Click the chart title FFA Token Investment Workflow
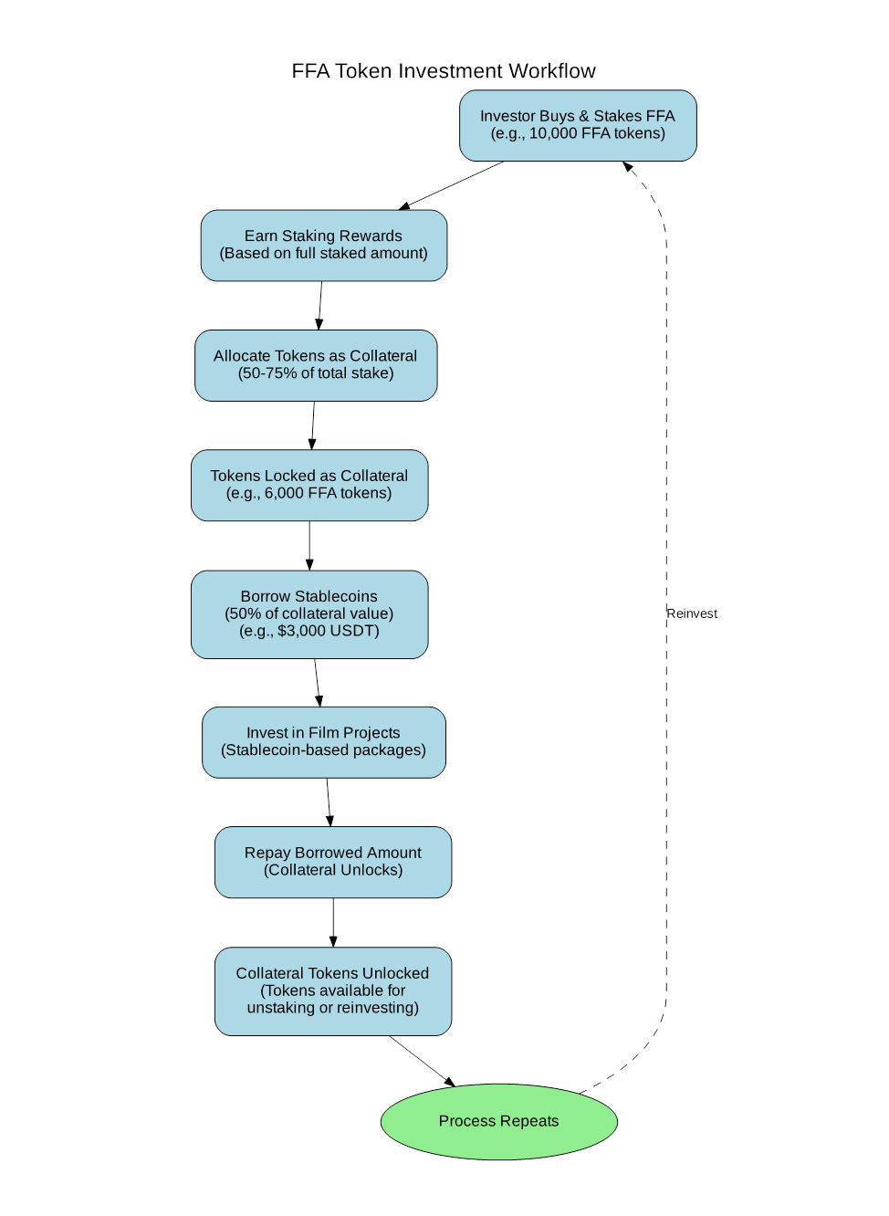click(x=443, y=71)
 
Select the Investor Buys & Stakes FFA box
click(x=578, y=125)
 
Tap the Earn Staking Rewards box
click(x=323, y=246)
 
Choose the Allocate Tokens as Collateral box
click(x=315, y=365)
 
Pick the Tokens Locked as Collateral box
click(x=309, y=486)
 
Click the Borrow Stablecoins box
click(x=309, y=614)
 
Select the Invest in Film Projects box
click(x=323, y=742)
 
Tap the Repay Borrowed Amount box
click(x=333, y=862)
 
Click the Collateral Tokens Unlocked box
click(x=333, y=991)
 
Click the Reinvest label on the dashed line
click(x=692, y=613)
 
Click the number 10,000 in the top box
click(x=552, y=133)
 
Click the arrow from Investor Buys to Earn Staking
click(x=451, y=185)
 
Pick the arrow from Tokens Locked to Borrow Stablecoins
click(x=309, y=546)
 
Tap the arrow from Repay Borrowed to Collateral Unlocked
click(x=333, y=922)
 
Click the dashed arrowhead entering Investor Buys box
click(x=627, y=166)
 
